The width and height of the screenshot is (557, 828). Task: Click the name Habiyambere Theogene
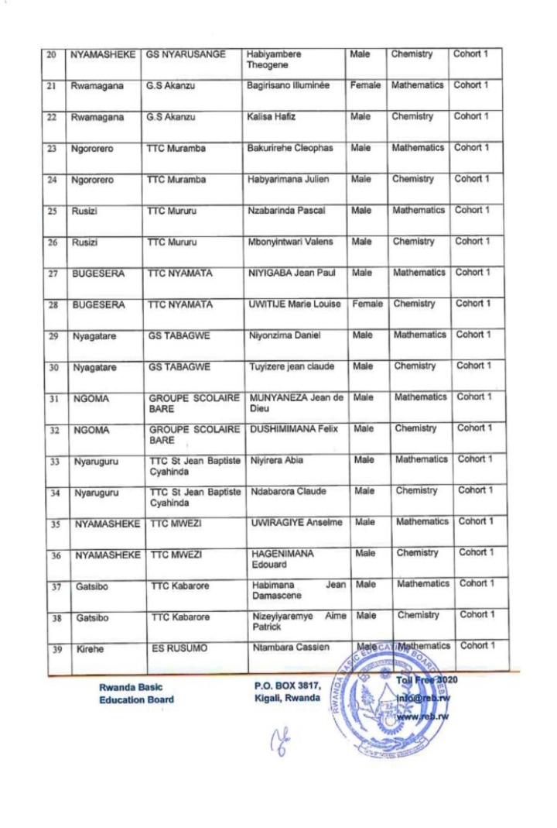[274, 60]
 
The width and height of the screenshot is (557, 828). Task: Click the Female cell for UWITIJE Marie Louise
[367, 304]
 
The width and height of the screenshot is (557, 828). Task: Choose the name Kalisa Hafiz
[272, 117]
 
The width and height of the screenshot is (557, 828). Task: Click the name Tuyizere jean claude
[290, 366]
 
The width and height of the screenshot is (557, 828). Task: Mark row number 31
[53, 399]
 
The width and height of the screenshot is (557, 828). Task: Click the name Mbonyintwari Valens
[289, 242]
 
